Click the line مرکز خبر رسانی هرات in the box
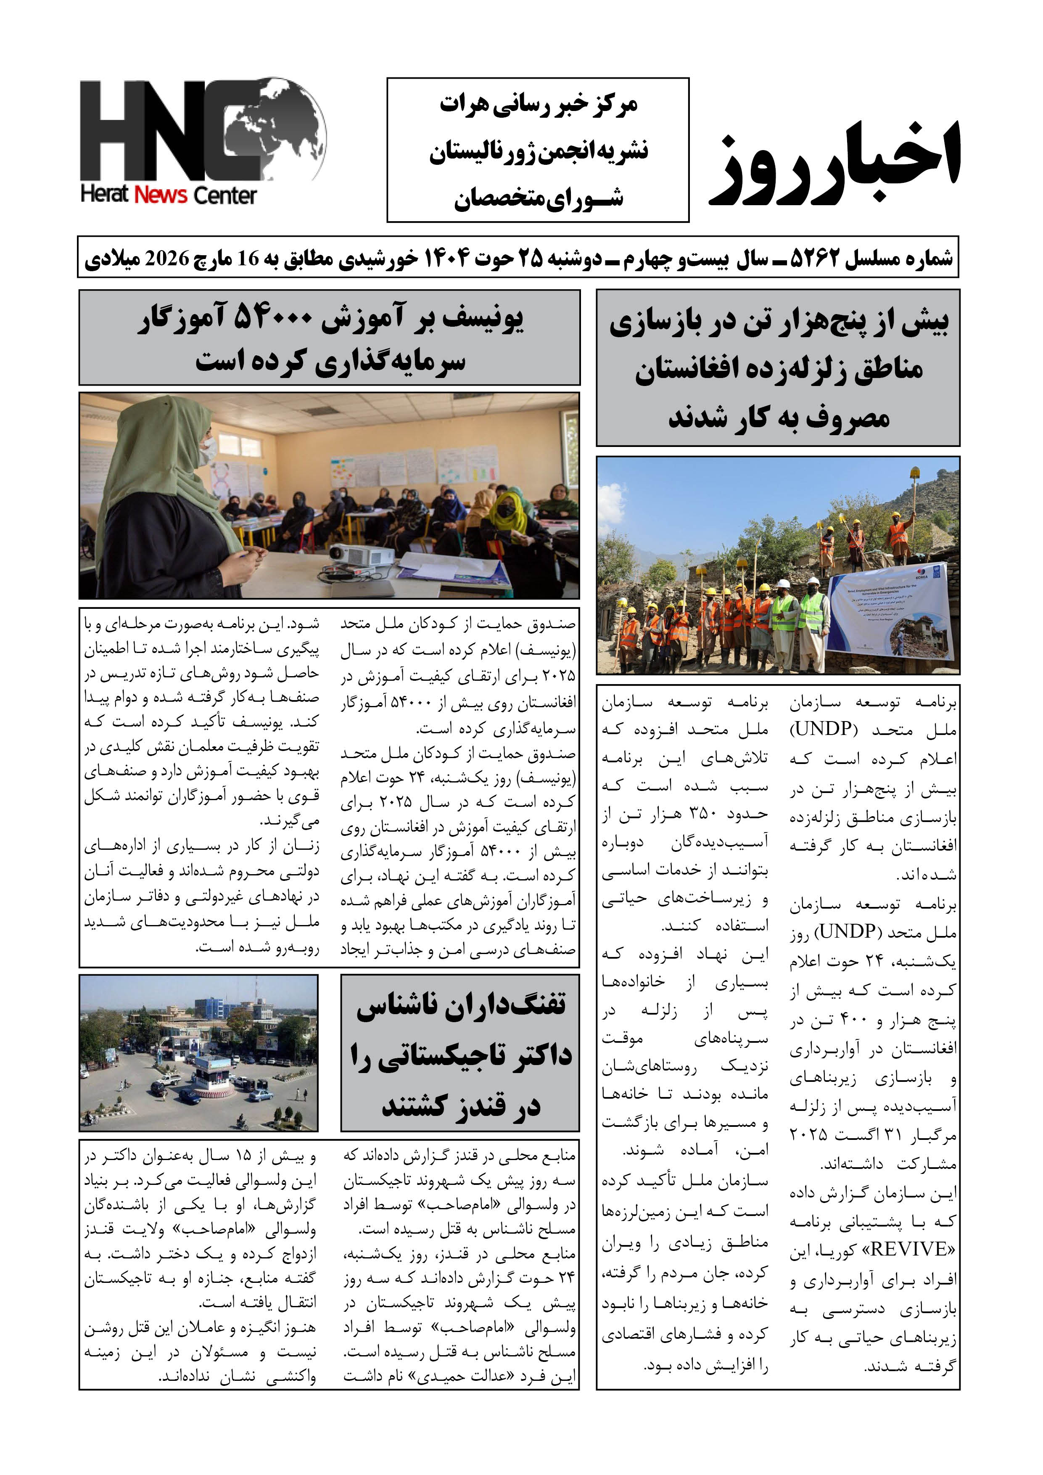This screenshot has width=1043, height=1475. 538,105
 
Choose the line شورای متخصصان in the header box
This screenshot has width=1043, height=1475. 538,198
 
